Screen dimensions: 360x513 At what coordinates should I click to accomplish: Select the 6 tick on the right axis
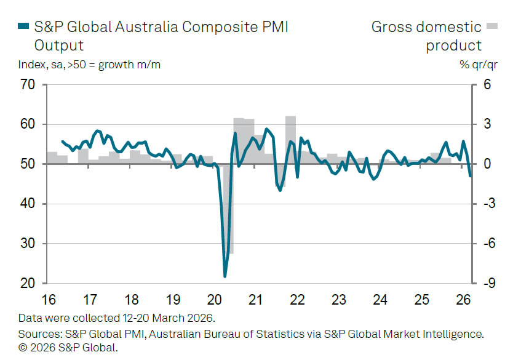[487, 85]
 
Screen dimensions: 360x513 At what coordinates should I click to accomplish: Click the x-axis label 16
[49, 300]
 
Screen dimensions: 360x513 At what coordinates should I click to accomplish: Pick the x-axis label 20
[215, 300]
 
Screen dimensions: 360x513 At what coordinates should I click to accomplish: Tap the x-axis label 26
[463, 300]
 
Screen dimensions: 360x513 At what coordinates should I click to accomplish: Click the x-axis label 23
[339, 300]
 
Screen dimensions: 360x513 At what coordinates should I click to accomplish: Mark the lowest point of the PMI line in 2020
[225, 276]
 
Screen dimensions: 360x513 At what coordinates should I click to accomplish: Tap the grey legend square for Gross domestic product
[492, 26]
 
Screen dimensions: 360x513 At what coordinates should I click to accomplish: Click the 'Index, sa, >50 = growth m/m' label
[90, 64]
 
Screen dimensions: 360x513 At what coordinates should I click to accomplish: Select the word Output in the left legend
[59, 46]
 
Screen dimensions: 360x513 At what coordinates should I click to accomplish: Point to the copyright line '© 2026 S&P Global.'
[68, 347]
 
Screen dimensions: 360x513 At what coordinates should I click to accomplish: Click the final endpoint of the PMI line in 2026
[470, 177]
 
